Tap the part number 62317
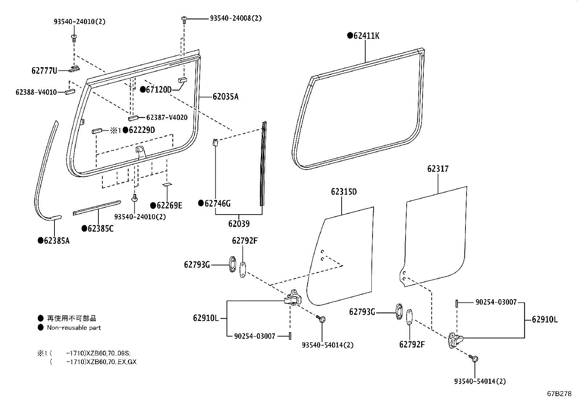click(437, 169)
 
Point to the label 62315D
click(343, 192)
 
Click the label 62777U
click(44, 71)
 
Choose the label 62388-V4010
click(36, 92)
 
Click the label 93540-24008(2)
click(235, 18)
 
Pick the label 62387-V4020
click(167, 118)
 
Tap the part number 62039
click(239, 224)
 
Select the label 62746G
click(217, 203)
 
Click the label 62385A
click(56, 240)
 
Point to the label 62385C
click(100, 229)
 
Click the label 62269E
click(169, 206)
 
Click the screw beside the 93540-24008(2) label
click(184, 19)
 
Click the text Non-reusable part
click(74, 327)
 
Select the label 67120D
click(158, 89)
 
